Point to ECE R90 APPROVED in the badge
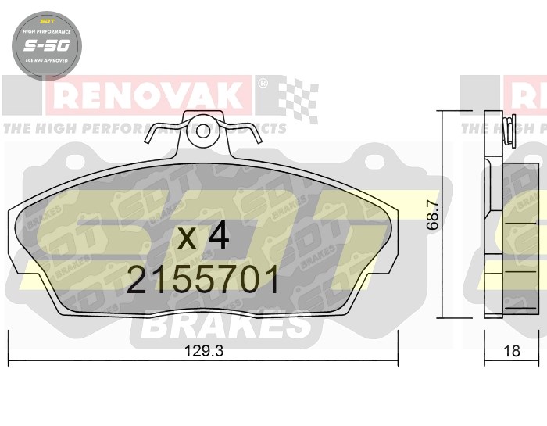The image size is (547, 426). pos(44,60)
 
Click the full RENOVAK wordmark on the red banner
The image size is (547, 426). pos(148,96)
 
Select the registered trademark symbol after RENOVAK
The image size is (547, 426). pos(263,82)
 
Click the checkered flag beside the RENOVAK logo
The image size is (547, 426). pos(298,99)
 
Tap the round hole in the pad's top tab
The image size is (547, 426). pos(203,130)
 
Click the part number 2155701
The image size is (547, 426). pos(202,280)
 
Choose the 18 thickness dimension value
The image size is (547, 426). pos(513,352)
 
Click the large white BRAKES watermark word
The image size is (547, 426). pos(227,325)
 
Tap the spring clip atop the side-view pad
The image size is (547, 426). pos(509,130)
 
